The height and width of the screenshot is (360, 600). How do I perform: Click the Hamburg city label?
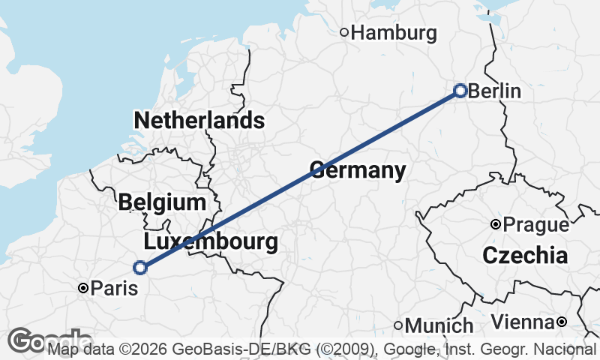point(394,33)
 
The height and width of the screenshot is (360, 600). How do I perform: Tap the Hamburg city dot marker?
point(344,32)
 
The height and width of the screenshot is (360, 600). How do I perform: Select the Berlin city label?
point(494,91)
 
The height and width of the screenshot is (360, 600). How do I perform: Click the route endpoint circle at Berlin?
point(460,91)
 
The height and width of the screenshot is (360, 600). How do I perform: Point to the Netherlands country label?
point(199,120)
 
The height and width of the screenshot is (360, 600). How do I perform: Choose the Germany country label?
point(358,170)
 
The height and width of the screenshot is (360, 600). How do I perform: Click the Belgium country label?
point(161,202)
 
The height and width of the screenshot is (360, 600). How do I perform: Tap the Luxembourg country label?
point(211,242)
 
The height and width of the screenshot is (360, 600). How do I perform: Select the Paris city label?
point(114,288)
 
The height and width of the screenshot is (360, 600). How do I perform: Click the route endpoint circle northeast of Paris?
point(139,267)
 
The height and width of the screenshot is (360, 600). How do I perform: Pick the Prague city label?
point(536,224)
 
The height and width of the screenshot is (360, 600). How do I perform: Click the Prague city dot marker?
point(495,224)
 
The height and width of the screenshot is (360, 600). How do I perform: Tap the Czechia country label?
point(525,255)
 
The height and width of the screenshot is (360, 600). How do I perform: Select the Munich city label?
point(439,325)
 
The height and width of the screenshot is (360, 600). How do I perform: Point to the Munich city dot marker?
point(398,325)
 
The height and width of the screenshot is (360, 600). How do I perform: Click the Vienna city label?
point(523,322)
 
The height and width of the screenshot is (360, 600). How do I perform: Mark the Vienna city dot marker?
point(561,322)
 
